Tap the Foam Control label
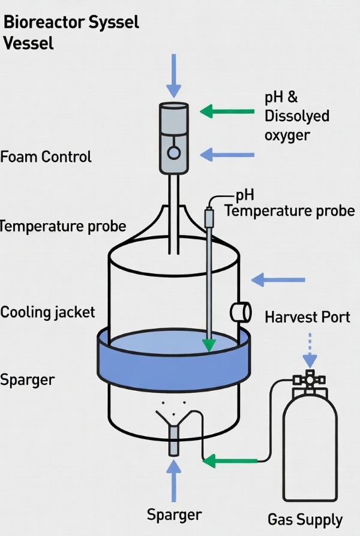point(46,157)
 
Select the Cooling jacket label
point(47,312)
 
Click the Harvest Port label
point(307,317)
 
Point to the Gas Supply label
point(305,519)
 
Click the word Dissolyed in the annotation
point(297,116)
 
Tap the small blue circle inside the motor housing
point(173,153)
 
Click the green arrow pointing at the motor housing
point(227,111)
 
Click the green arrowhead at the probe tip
point(209,345)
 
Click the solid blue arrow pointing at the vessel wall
point(278,279)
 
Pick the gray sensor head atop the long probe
point(209,217)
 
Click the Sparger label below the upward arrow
point(174,514)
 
